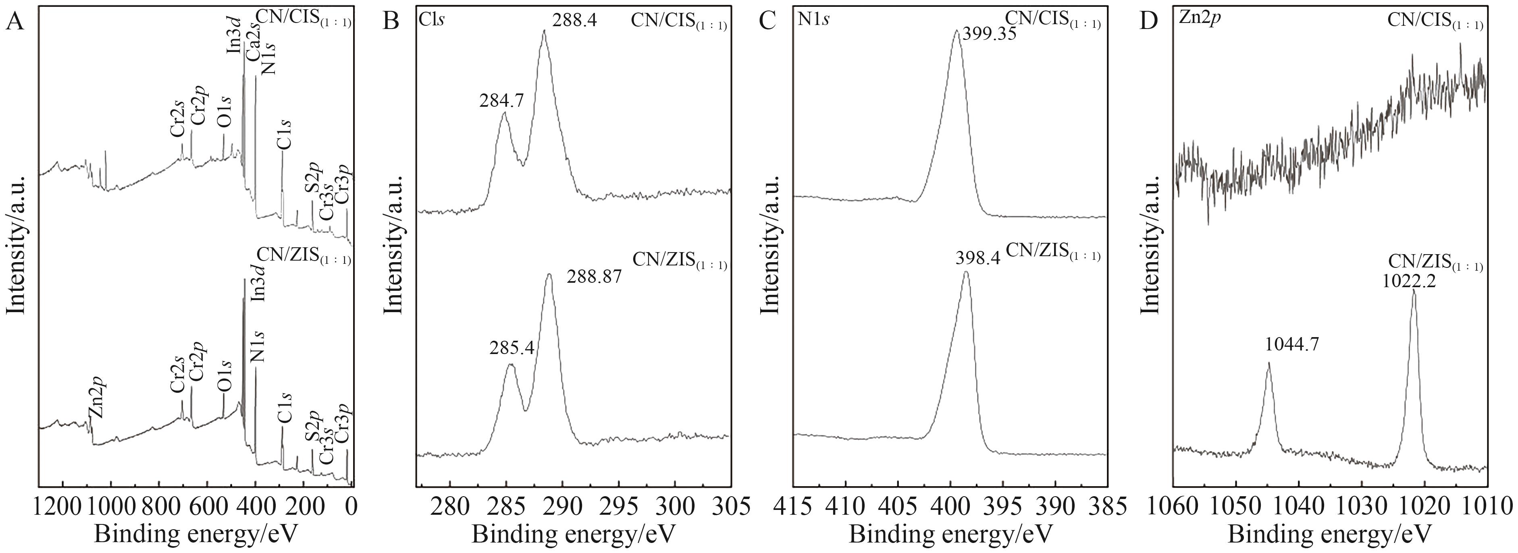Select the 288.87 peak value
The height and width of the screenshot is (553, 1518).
coord(594,277)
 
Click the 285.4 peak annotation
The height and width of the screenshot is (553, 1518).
coord(512,349)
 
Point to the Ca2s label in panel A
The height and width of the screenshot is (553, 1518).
coord(251,43)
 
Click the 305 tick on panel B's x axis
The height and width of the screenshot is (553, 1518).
coord(731,506)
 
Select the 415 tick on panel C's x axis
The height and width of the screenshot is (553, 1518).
coord(793,506)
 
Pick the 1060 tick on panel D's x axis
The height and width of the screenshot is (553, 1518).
coord(1175,506)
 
